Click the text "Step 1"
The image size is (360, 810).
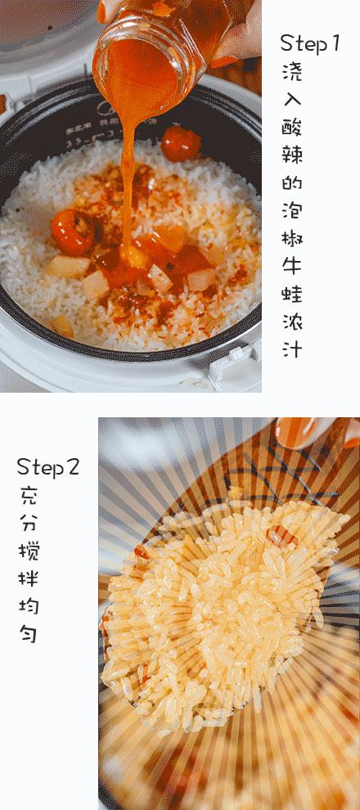[x=309, y=43]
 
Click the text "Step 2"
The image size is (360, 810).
[x=48, y=467]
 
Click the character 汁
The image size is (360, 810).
[x=292, y=349]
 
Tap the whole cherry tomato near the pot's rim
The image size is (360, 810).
[x=180, y=143]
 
